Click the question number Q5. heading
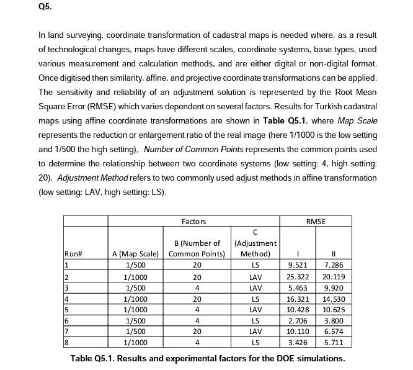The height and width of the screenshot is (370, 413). pyautogui.click(x=45, y=7)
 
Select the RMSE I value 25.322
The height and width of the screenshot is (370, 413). pyautogui.click(x=298, y=277)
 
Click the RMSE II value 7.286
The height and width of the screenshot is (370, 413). pyautogui.click(x=334, y=265)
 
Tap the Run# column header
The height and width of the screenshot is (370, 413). pyautogui.click(x=74, y=253)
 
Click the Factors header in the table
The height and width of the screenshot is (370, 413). pyautogui.click(x=194, y=222)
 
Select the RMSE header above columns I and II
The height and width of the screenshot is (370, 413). pyautogui.click(x=316, y=222)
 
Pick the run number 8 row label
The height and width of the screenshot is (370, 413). pyautogui.click(x=66, y=342)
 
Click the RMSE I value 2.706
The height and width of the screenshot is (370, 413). pyautogui.click(x=298, y=320)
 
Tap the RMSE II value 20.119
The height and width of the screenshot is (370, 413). pyautogui.click(x=333, y=277)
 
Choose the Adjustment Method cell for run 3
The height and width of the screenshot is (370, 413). pyautogui.click(x=254, y=288)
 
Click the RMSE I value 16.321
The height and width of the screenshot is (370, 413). pyautogui.click(x=298, y=299)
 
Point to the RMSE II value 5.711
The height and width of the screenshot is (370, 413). pyautogui.click(x=334, y=342)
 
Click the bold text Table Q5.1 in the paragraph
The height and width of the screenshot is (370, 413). pyautogui.click(x=283, y=120)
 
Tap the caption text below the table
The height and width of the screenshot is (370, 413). pyautogui.click(x=207, y=358)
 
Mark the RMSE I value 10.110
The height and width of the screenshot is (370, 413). pyautogui.click(x=298, y=332)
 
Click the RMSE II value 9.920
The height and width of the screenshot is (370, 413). pyautogui.click(x=334, y=288)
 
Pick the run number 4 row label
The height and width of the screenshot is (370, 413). pyautogui.click(x=66, y=299)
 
